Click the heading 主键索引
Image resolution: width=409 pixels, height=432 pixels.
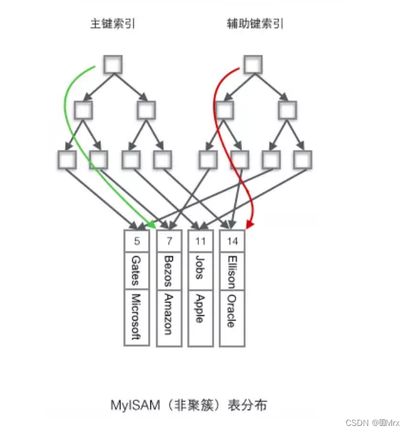(113, 24)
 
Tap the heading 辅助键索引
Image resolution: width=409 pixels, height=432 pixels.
(255, 24)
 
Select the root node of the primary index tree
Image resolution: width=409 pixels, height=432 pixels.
(113, 64)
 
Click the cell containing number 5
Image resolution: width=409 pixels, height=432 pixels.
(137, 241)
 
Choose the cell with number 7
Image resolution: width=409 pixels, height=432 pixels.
(169, 241)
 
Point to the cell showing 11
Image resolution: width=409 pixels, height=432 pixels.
(201, 241)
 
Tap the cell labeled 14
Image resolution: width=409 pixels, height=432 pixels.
(232, 241)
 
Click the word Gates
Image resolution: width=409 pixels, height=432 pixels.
(136, 270)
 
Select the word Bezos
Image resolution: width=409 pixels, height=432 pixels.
(169, 270)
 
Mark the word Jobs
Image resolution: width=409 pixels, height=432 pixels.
(200, 267)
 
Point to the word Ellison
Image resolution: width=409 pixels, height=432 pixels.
(231, 271)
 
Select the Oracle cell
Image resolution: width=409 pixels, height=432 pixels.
(231, 312)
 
